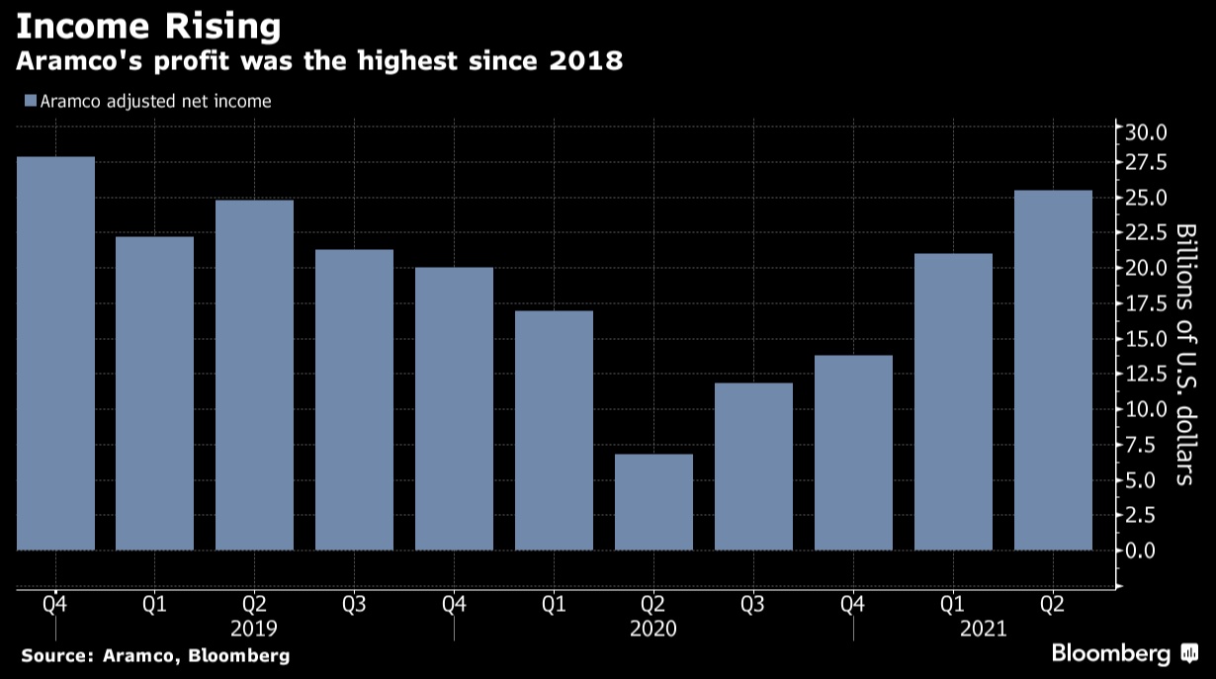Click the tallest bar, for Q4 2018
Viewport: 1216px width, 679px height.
click(x=55, y=353)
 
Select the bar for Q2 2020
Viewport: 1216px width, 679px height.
click(x=653, y=501)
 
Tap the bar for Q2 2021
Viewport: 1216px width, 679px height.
click(x=1053, y=370)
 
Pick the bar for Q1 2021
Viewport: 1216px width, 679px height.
click(x=953, y=401)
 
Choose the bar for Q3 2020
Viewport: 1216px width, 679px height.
click(x=753, y=466)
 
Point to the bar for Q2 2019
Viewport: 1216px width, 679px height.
click(x=255, y=375)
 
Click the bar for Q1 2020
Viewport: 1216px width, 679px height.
click(x=554, y=430)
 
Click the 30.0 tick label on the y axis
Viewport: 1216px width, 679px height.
click(x=1147, y=131)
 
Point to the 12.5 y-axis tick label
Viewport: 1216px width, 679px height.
click(x=1147, y=374)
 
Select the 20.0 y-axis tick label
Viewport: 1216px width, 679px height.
click(x=1147, y=268)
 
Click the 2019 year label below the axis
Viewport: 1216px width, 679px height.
click(x=254, y=628)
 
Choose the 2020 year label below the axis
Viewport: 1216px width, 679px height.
click(x=652, y=628)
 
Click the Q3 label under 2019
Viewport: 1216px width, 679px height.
click(x=354, y=603)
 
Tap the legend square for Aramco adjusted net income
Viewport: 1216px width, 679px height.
click(x=30, y=101)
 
